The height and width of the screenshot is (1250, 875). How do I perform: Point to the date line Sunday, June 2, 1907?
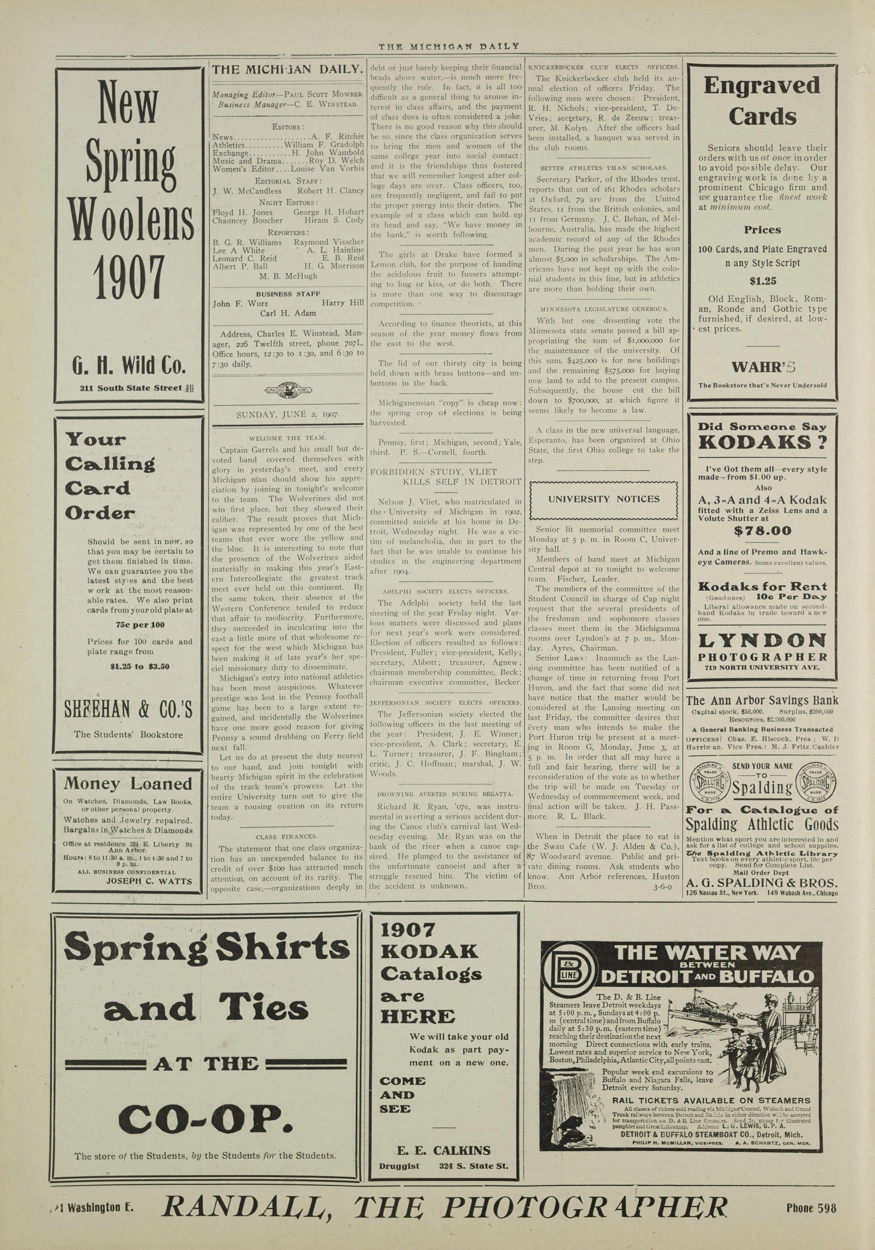287,415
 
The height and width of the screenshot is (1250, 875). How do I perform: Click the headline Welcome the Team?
287,438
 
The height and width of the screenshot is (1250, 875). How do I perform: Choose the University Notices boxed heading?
603,499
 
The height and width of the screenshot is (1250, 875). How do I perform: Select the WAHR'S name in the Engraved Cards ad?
762,367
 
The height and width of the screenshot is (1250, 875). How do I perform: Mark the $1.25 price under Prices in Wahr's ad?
762,281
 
